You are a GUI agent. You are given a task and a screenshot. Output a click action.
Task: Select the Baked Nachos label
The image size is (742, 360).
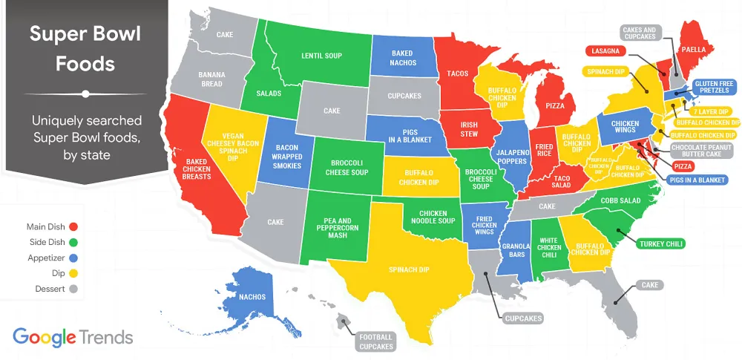click(x=402, y=58)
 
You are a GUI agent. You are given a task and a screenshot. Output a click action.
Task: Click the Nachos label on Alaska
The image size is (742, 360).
click(x=252, y=297)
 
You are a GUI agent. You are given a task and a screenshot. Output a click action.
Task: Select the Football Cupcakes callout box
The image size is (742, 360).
click(x=375, y=341)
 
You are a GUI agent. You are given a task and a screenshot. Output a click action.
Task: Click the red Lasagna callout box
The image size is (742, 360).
click(x=605, y=51)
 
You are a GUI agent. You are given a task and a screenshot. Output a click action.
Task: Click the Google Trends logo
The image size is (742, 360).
click(x=73, y=337)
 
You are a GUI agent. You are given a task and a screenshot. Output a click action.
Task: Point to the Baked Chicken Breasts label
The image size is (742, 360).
click(x=198, y=168)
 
